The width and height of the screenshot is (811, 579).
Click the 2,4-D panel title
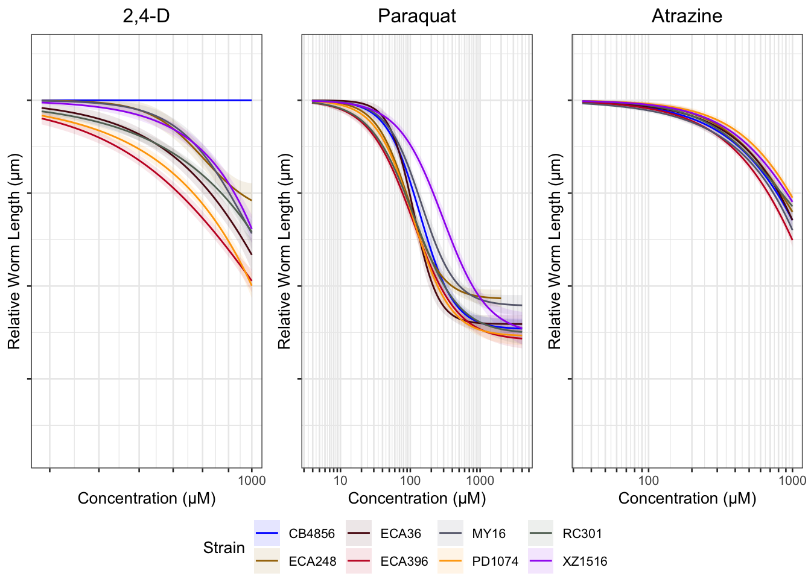point(146,16)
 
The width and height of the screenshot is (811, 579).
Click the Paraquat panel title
point(416,16)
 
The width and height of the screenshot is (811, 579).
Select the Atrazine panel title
point(687,16)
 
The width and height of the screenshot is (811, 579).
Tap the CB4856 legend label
point(311,534)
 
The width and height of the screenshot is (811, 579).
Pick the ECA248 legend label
point(312,562)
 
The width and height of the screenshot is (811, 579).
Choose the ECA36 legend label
point(401,534)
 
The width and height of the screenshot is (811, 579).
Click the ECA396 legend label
point(404,562)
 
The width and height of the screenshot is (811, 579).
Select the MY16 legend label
point(489,534)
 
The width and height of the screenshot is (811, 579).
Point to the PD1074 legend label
point(495,562)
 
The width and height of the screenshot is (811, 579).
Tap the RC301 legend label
point(582,534)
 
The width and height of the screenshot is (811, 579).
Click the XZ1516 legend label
point(585,562)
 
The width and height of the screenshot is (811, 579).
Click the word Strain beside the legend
point(224,548)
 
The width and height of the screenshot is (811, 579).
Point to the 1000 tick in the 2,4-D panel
point(252,481)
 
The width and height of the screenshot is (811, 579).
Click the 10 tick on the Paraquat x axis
point(340,481)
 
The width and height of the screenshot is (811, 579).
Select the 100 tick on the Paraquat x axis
point(410,481)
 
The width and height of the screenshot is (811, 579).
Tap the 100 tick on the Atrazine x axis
point(649,481)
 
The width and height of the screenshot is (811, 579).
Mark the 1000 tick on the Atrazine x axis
point(792,481)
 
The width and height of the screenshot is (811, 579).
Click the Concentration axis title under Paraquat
point(416,499)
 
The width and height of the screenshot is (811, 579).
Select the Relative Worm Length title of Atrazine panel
point(555,251)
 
